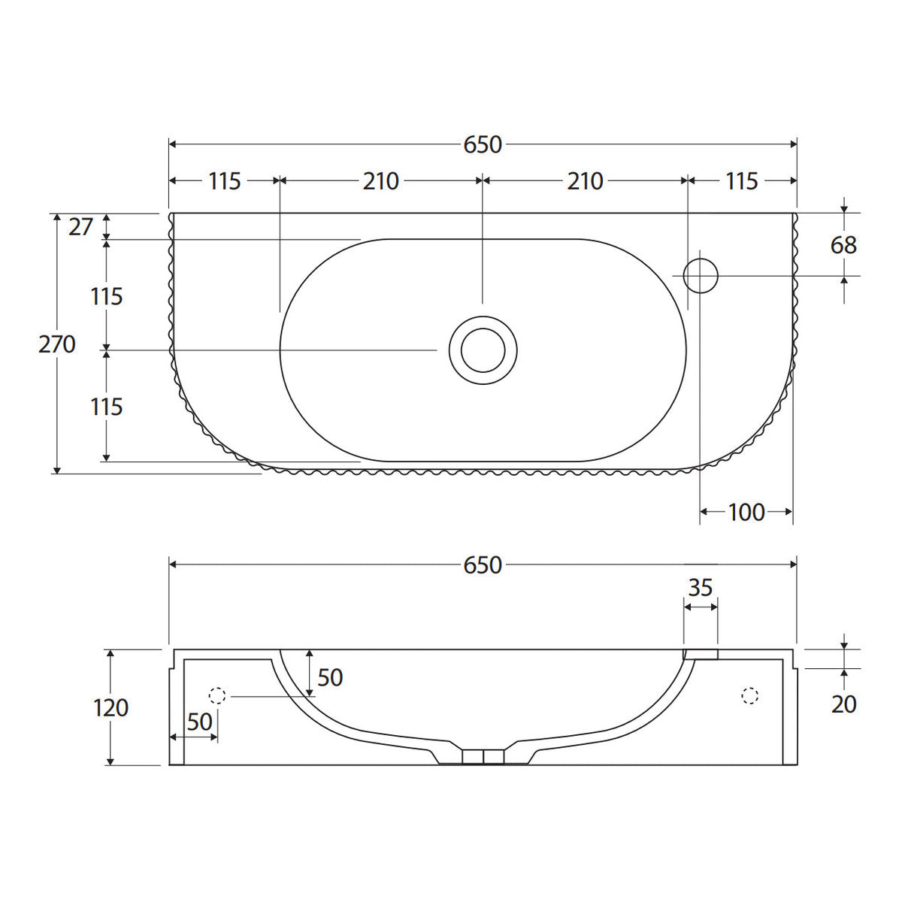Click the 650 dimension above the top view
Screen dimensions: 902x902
click(483, 144)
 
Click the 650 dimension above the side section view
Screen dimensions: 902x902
click(483, 565)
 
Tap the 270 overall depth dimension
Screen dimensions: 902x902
click(56, 344)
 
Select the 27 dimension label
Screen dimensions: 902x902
click(80, 227)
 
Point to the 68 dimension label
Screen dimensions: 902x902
click(843, 245)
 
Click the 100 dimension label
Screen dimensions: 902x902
click(746, 513)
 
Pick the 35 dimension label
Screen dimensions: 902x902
click(701, 588)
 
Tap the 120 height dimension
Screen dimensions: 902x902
click(111, 708)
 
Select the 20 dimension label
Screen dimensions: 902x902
click(843, 704)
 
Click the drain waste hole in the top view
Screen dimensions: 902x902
click(483, 350)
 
